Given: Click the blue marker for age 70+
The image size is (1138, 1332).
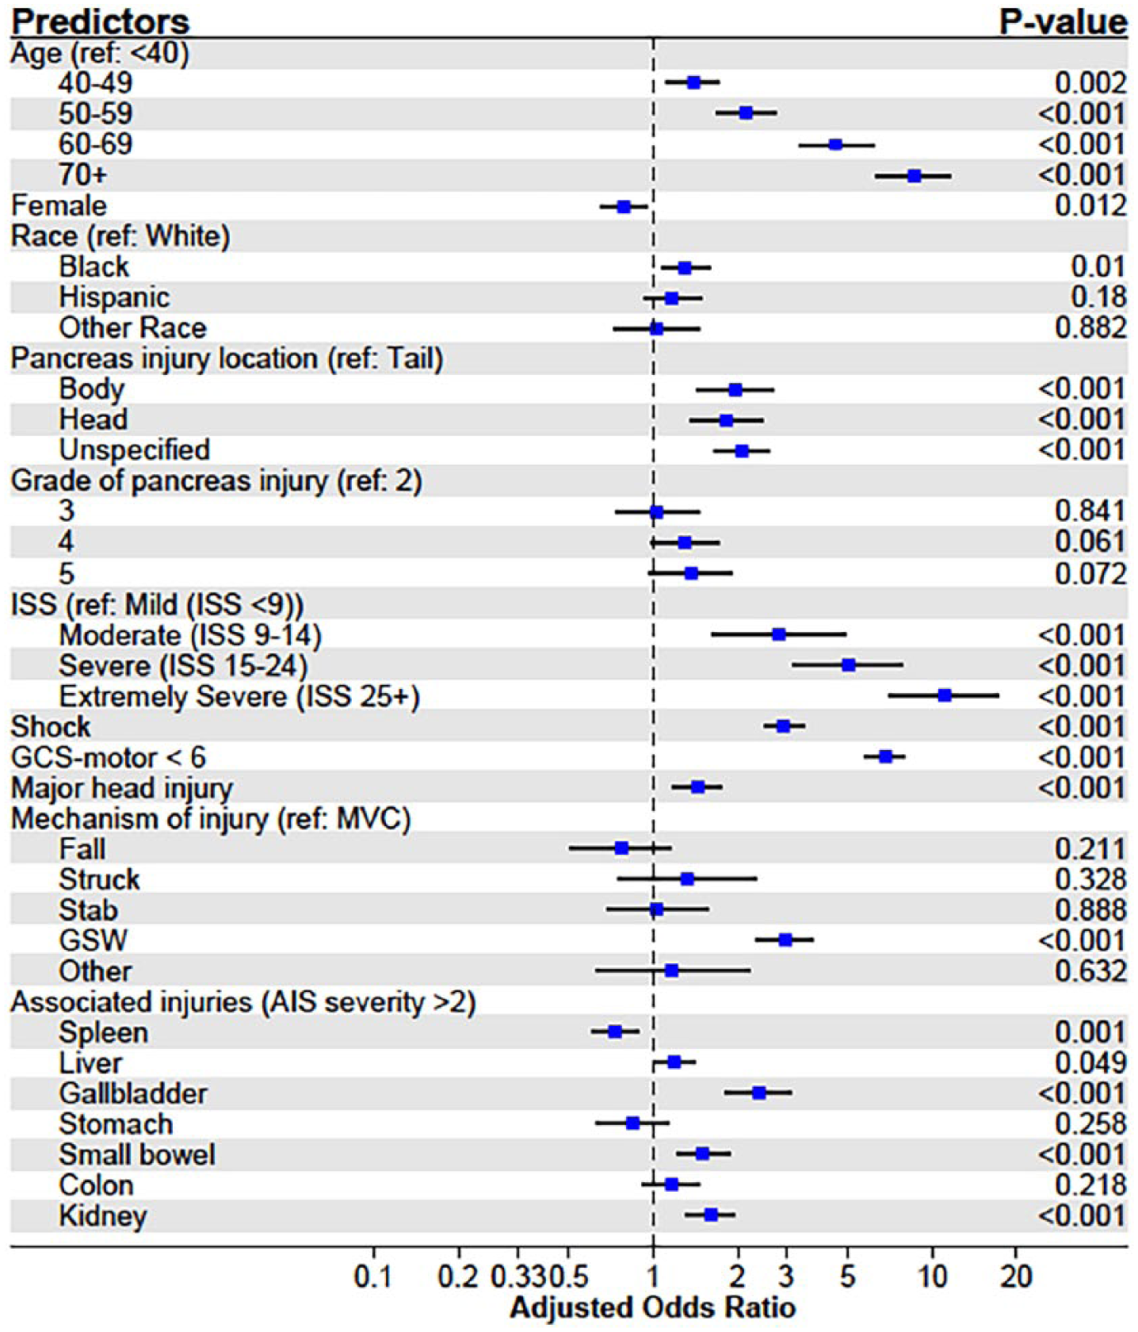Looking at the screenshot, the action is coord(914,175).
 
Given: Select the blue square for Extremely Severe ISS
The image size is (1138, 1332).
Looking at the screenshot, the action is coord(944,695).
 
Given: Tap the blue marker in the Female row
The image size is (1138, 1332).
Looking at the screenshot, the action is coord(624,206).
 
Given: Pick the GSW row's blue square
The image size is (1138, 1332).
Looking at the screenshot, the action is coord(785,940).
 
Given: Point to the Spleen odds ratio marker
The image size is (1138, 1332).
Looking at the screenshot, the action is coord(614,1032).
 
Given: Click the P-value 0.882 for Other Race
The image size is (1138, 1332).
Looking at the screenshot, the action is coord(1090,328).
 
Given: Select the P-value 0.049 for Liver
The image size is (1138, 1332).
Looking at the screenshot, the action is coord(1090,1063).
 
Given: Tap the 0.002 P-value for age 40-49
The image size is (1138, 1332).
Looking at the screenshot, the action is coord(1090,83).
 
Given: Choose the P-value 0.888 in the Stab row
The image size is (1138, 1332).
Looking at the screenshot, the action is coord(1090,910).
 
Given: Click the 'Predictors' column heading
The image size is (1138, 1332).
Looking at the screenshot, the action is coord(100,21).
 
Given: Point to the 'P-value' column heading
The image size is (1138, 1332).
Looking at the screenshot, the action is coord(1063,21).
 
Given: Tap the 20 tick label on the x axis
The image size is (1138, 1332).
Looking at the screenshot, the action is coord(1016,1277).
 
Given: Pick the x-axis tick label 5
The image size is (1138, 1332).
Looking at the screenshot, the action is coord(848,1277).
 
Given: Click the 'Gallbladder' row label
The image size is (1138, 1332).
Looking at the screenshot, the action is coord(133,1094).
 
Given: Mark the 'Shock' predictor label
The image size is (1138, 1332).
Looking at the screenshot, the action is coord(51,727).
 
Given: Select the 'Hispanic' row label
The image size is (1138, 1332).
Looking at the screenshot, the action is coord(114,297).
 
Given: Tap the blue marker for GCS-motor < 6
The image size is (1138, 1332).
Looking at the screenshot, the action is coord(885,756).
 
